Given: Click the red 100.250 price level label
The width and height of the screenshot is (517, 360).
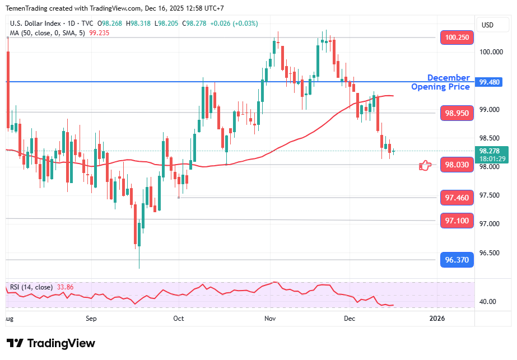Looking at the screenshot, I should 457,38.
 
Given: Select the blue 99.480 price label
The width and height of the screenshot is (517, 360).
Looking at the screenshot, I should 491,82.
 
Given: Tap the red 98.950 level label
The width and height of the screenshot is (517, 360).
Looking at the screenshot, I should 457,113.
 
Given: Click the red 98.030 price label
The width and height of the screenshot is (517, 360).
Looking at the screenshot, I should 457,165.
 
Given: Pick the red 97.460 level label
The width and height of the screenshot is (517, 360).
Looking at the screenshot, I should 457,198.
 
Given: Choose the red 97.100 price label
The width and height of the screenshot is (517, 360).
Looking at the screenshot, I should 457,221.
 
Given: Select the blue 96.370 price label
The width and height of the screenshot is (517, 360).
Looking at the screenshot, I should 457,260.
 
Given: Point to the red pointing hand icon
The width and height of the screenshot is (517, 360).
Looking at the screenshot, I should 426,165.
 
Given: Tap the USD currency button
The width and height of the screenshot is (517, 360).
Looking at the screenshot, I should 487,25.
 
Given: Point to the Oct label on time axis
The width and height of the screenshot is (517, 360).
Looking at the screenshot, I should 179,319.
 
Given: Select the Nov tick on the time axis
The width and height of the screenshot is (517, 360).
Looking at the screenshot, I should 270,319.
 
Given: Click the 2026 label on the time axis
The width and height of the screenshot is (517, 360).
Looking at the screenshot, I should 437,319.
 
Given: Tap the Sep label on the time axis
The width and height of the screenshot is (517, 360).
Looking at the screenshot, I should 91,319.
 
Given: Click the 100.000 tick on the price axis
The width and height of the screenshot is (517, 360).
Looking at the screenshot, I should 491,52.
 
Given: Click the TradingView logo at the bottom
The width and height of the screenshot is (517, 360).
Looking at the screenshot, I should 51,343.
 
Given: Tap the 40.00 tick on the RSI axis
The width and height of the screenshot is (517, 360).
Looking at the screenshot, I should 488,302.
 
